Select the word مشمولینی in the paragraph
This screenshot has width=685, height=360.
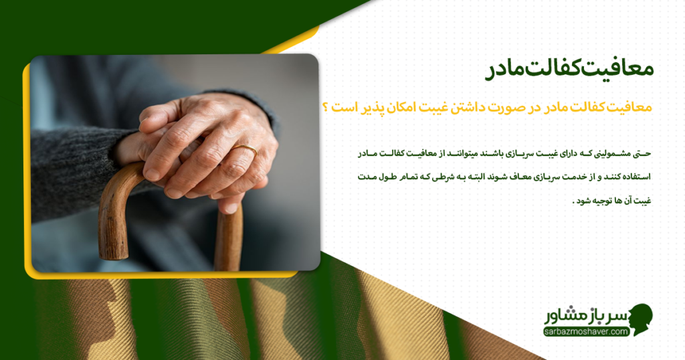tap(613, 153)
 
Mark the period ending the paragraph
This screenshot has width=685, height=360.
tap(575, 203)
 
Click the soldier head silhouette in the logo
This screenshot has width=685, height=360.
tap(640, 320)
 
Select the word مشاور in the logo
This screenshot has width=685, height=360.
tap(563, 315)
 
